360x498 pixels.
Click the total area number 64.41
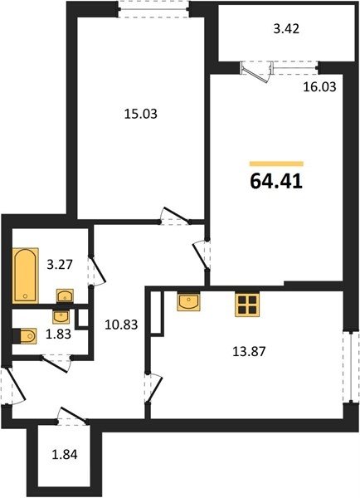point(276,182)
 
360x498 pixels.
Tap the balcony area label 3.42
point(286,29)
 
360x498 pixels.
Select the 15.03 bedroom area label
point(141,114)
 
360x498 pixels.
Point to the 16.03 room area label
point(319,86)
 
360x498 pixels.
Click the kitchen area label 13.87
point(249,352)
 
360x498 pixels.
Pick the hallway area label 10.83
point(121,325)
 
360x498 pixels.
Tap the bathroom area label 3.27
point(60,264)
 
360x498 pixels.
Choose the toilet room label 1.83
point(58,334)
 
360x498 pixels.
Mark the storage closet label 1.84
point(65,455)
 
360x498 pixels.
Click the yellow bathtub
point(26,276)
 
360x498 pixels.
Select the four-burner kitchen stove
point(247,305)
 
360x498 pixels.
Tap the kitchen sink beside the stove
point(188,301)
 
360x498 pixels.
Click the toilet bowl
point(25,335)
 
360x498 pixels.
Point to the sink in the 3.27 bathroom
point(65,295)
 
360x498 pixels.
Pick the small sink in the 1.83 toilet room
point(61,316)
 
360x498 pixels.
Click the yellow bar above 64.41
point(276,164)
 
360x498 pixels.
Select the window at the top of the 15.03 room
point(153,9)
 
